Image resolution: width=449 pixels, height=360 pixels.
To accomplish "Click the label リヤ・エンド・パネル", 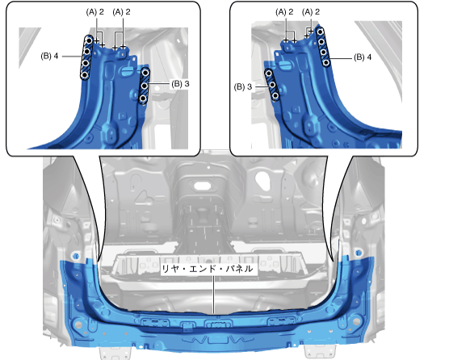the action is pyautogui.click(x=208, y=269).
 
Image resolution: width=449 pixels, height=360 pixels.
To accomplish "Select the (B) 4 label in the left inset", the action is pyautogui.click(x=49, y=56).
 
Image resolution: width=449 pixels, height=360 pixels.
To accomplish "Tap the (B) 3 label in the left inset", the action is pyautogui.click(x=180, y=84).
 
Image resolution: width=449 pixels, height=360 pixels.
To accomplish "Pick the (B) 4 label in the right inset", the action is pyautogui.click(x=363, y=57).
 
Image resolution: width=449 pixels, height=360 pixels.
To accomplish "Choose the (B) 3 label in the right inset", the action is pyautogui.click(x=243, y=86).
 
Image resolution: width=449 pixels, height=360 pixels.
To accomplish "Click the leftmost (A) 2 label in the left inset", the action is pyautogui.click(x=95, y=12).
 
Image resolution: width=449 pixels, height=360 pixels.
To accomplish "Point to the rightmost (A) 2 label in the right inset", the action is pyautogui.click(x=311, y=12).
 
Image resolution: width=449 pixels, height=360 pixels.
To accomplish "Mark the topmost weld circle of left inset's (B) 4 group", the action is pyautogui.click(x=90, y=40).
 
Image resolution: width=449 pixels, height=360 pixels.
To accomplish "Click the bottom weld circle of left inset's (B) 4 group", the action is pyautogui.click(x=85, y=75).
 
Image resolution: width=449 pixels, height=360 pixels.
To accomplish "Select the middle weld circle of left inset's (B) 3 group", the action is pyautogui.click(x=145, y=86).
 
